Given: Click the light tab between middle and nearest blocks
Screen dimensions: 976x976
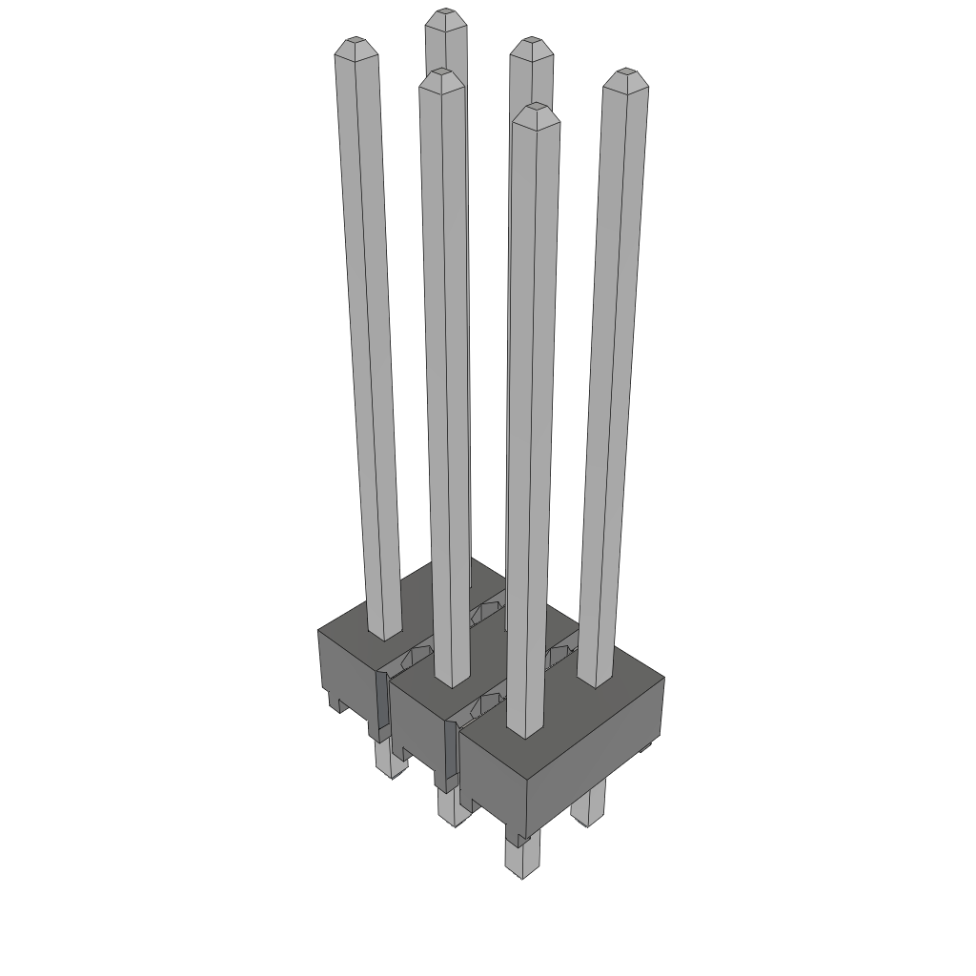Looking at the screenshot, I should (449, 753).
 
